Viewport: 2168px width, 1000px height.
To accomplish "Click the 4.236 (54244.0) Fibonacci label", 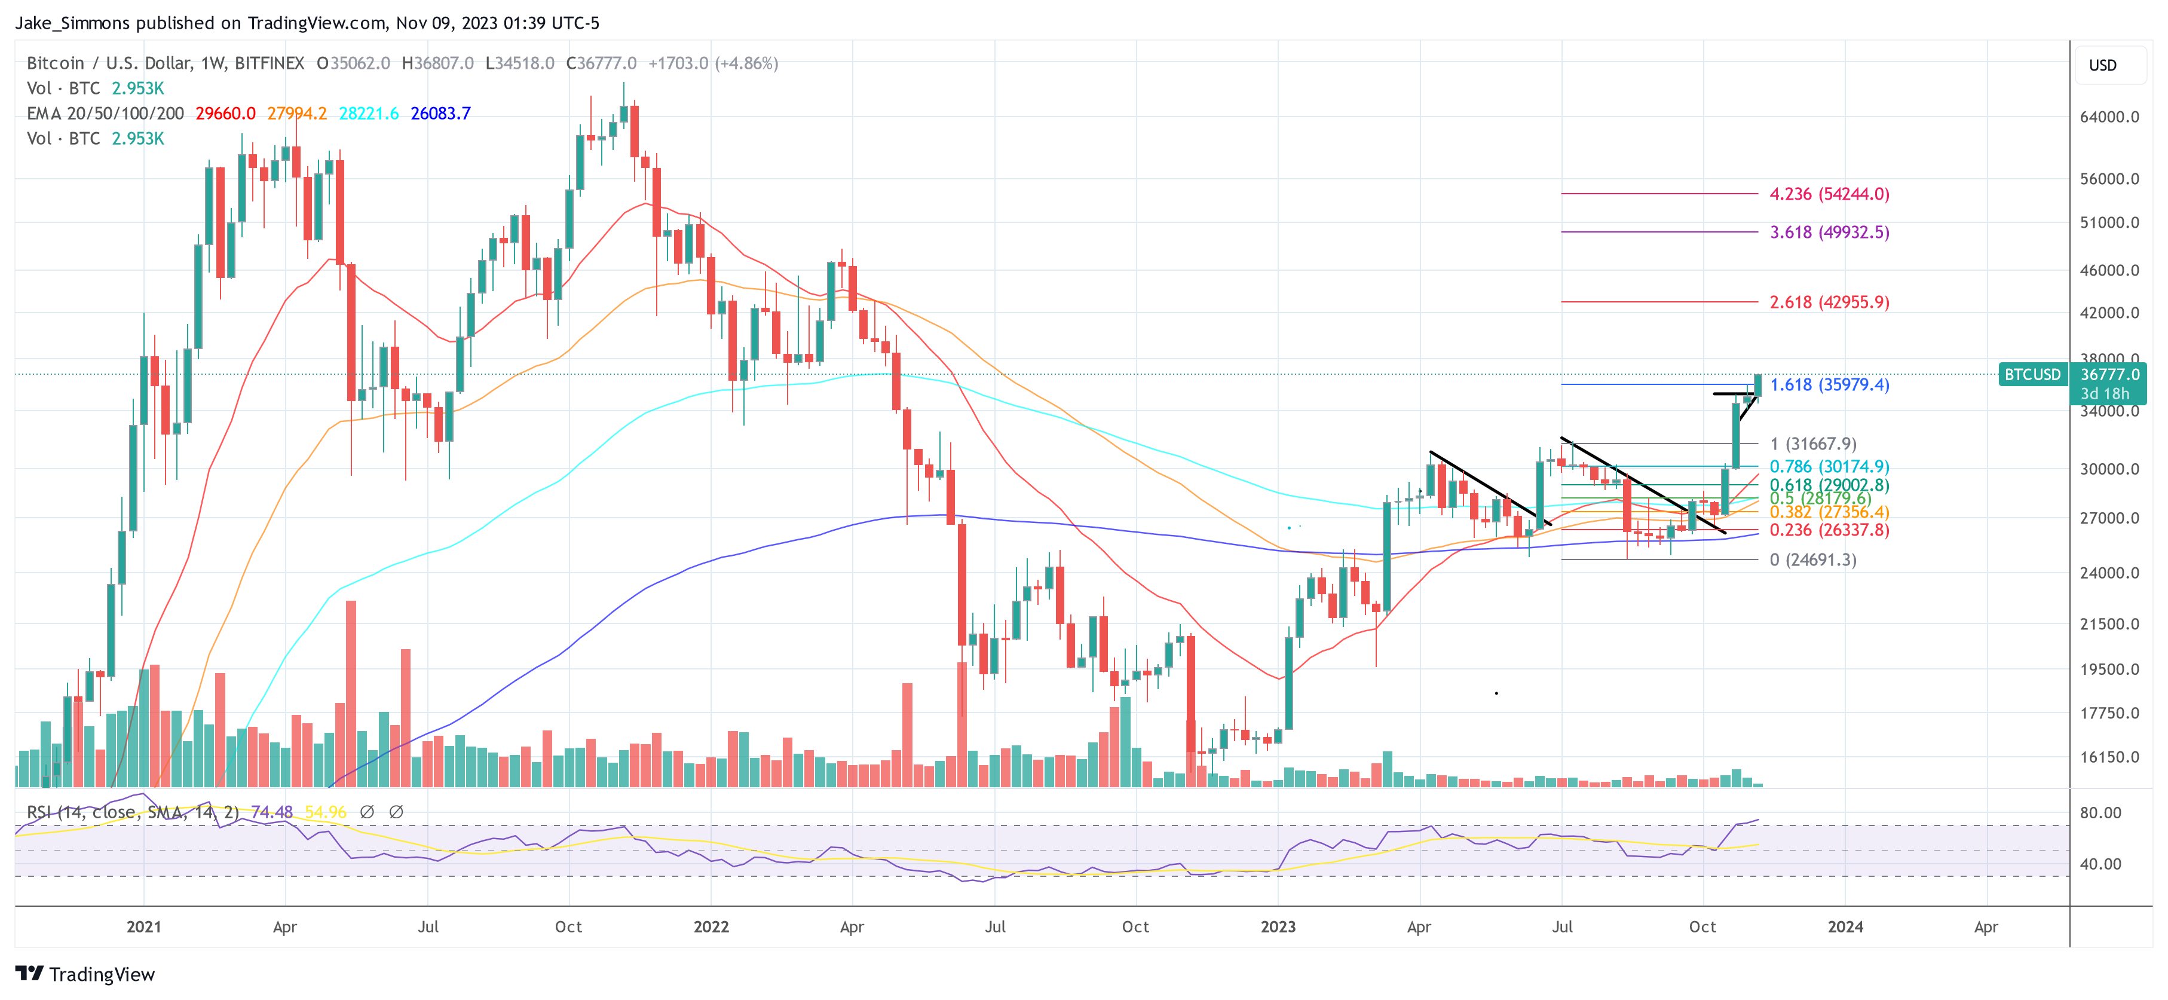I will (1829, 194).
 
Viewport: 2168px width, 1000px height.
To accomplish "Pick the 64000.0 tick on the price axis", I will (2108, 117).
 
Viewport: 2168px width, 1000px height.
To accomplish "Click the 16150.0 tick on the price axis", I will (2108, 757).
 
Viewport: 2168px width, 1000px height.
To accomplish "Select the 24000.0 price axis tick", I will (2108, 573).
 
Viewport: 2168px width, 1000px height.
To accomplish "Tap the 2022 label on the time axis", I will (711, 926).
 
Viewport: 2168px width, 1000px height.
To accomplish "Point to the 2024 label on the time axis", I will (1845, 926).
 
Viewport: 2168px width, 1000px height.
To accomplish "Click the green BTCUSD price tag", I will (2032, 375).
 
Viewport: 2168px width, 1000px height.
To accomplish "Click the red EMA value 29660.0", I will (225, 114).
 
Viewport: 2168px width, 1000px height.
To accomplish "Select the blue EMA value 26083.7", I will (440, 114).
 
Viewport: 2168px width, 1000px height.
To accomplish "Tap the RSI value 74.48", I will (272, 812).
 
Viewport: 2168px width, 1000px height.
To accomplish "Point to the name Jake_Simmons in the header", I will (72, 23).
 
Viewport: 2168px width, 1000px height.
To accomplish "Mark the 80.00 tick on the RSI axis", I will (2100, 813).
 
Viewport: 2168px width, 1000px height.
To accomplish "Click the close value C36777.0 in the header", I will (601, 63).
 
